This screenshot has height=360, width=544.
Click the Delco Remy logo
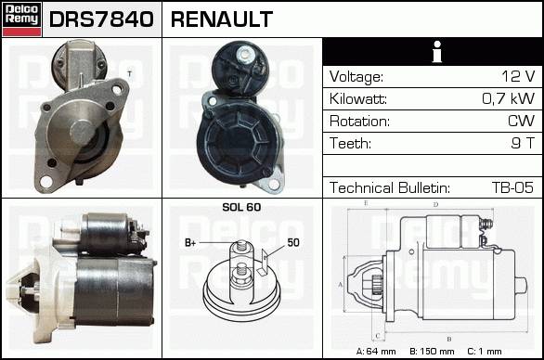tap(21, 19)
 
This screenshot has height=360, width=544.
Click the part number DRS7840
tap(101, 19)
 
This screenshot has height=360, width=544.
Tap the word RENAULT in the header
tap(222, 19)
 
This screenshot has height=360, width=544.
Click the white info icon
tap(437, 52)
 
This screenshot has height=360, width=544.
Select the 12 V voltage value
tap(518, 76)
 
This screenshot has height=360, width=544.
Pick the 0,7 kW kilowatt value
tap(509, 98)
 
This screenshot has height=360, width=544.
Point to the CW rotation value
tap(521, 121)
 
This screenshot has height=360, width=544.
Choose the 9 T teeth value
tap(523, 143)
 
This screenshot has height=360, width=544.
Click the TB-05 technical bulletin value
tap(512, 187)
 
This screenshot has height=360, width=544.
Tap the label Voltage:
tap(356, 77)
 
